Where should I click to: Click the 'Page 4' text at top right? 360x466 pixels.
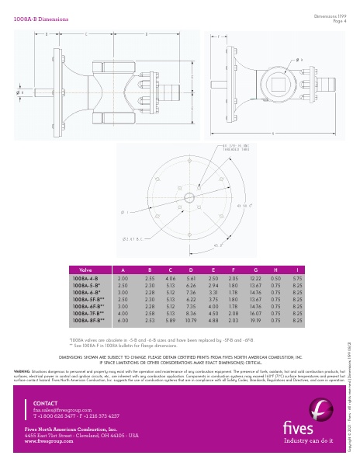click(x=333, y=21)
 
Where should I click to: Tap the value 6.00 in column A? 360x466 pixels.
click(x=122, y=319)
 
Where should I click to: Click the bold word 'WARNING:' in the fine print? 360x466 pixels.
click(x=22, y=350)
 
